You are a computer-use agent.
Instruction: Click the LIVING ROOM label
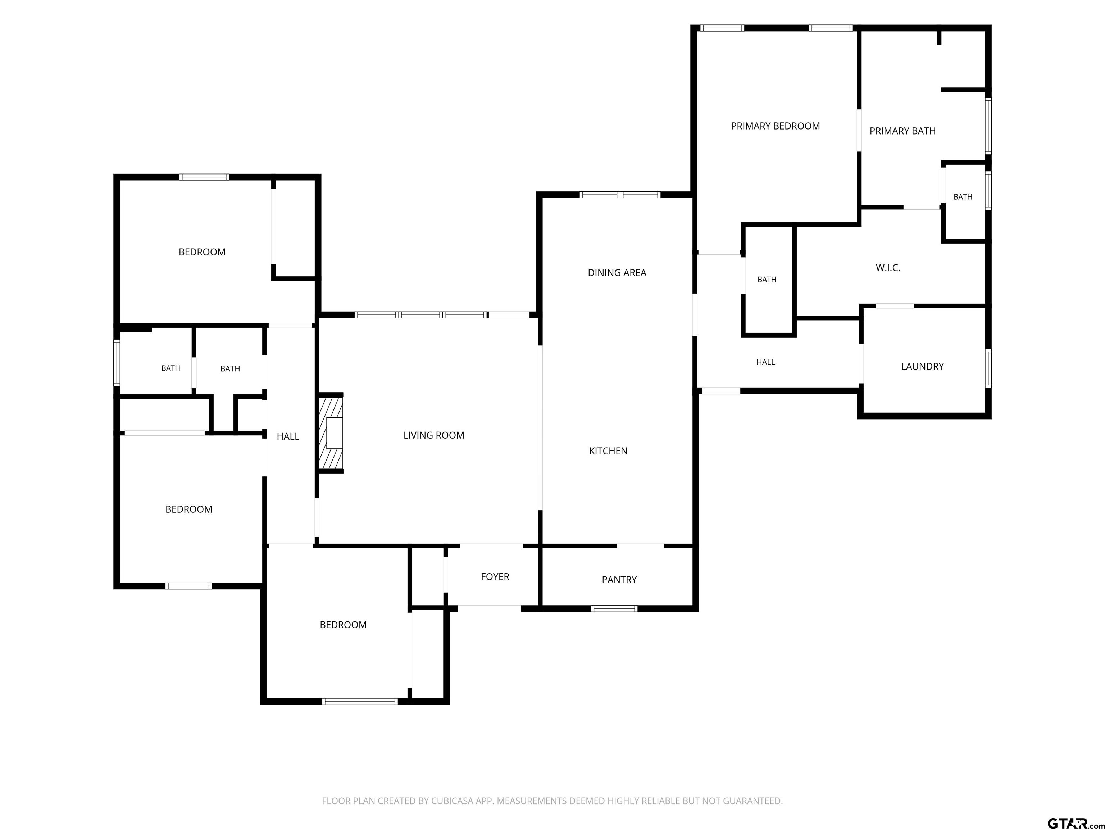tap(433, 435)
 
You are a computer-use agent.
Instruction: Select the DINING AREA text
tap(617, 273)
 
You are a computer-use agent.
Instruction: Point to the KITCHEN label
tap(608, 451)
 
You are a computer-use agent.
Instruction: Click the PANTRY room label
tap(619, 580)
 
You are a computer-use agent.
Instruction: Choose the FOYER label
tap(495, 577)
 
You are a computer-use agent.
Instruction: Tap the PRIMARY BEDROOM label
tap(775, 126)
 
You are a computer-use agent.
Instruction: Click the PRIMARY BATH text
tap(902, 131)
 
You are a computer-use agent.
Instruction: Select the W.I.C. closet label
tap(888, 268)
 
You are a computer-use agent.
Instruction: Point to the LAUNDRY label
tap(922, 366)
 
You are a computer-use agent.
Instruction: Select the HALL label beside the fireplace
tap(288, 436)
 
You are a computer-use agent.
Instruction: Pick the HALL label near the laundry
tap(765, 362)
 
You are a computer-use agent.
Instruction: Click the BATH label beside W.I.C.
tap(767, 279)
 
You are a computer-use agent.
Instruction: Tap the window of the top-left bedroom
tap(204, 177)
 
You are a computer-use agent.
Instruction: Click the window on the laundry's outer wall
tap(988, 368)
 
